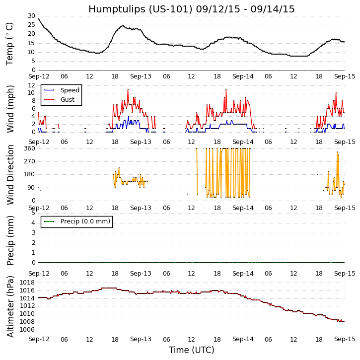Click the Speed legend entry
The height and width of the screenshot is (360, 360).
tap(70, 90)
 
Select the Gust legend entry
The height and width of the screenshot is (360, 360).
tap(68, 100)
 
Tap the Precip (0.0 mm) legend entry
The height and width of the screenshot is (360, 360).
tap(84, 221)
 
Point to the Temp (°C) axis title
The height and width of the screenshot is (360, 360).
tap(10, 43)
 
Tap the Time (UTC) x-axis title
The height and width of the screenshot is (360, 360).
tap(191, 350)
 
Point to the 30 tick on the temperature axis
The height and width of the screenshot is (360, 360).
tap(31, 16)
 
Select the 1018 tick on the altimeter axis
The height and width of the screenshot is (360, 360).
tap(27, 283)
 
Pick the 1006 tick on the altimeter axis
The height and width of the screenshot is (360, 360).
tap(27, 329)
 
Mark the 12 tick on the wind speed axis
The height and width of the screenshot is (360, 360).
tap(31, 85)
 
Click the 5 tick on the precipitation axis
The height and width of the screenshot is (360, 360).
tap(33, 213)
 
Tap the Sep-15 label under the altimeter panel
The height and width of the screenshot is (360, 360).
tap(344, 339)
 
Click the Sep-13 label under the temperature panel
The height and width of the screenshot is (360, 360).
tap(141, 76)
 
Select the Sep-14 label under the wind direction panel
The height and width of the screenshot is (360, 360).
tap(242, 208)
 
